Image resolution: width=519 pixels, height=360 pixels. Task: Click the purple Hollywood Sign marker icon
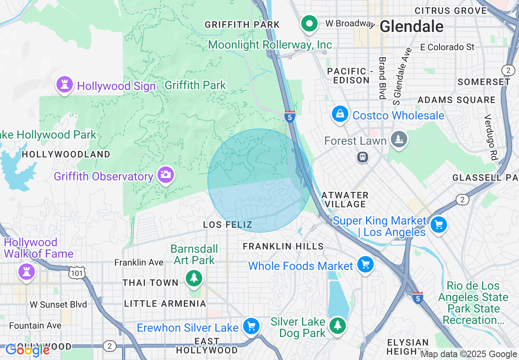tap(64, 85)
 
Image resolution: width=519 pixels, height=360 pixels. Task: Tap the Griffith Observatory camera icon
tap(166, 175)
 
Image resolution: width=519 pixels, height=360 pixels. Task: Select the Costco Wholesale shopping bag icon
tap(340, 115)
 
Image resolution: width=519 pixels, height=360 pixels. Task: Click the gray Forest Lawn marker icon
tap(397, 139)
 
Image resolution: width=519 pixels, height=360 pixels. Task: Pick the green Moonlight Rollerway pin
tap(310, 24)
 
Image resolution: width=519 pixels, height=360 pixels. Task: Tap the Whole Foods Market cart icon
tap(365, 265)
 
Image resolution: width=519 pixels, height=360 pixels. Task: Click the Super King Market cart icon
tap(439, 225)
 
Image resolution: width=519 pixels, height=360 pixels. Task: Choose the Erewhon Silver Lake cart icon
tap(251, 326)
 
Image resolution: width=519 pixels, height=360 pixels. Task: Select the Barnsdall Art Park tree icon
tap(194, 278)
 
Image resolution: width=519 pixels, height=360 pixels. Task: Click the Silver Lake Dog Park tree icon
tap(337, 326)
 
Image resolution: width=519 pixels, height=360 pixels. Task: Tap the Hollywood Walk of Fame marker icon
tap(26, 272)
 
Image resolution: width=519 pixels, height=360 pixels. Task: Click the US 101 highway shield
tap(77, 273)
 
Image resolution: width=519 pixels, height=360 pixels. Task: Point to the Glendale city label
tap(411, 27)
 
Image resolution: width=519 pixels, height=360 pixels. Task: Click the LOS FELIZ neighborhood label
tap(228, 225)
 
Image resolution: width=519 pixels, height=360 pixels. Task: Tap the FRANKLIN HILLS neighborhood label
tap(283, 246)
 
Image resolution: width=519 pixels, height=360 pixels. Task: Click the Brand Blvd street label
tap(382, 78)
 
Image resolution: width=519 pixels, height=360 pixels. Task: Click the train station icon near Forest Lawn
tap(362, 157)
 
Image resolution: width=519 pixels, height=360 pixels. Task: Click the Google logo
tap(27, 350)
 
